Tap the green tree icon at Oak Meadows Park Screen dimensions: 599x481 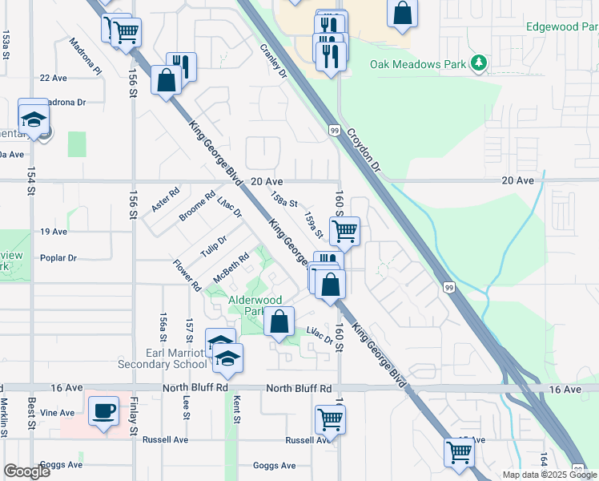point(479,63)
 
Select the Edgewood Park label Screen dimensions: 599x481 point(561,26)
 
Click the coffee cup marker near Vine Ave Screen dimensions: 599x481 point(103,412)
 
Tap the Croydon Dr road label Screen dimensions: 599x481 point(366,152)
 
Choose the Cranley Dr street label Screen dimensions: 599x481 point(273,61)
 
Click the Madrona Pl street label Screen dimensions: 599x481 point(86,57)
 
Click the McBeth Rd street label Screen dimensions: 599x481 point(231,267)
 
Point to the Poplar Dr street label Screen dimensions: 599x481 point(58,258)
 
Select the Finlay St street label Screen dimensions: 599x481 point(133,417)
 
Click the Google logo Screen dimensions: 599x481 point(26,471)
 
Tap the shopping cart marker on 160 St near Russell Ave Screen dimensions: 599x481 point(331,418)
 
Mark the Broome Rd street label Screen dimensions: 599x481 point(197,207)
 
